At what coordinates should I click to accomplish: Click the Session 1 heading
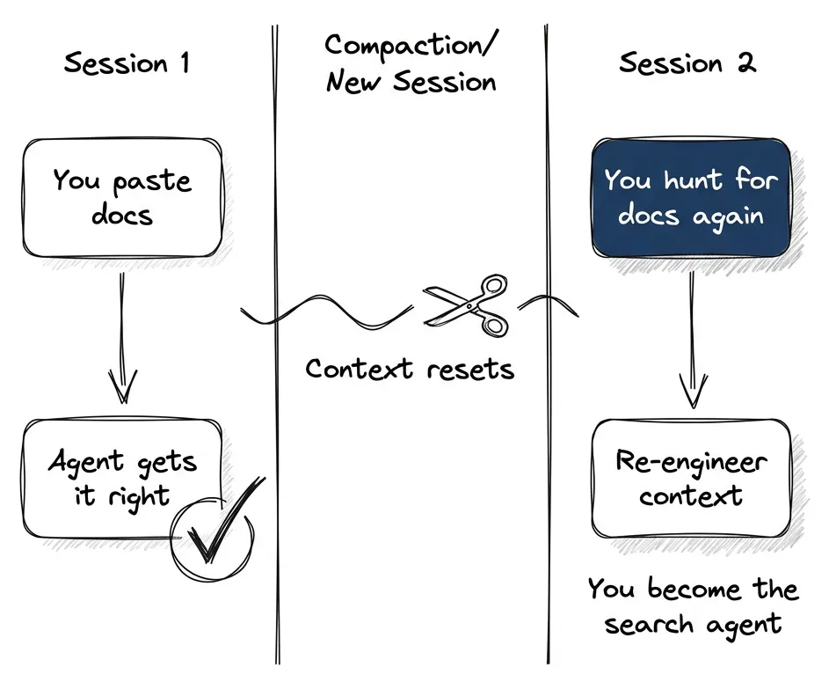(x=127, y=63)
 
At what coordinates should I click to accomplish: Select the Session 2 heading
(x=687, y=63)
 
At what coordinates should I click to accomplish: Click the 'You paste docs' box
(x=121, y=197)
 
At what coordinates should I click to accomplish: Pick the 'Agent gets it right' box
(x=121, y=477)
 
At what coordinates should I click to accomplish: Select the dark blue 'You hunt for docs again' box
(x=691, y=197)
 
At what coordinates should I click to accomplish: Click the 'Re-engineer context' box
(x=691, y=477)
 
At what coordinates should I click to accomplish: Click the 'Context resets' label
(x=410, y=368)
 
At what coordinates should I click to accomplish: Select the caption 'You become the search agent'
(x=693, y=606)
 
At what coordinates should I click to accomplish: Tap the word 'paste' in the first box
(x=153, y=182)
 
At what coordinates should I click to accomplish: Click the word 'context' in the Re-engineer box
(x=691, y=495)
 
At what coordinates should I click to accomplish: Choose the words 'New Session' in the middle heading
(x=411, y=84)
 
